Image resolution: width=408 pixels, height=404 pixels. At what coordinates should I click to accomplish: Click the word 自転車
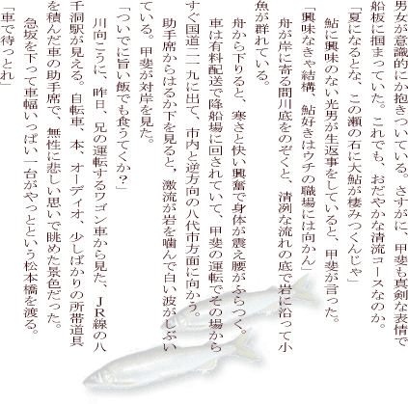tap(76, 111)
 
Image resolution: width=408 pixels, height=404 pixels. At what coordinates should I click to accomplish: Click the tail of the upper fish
tap(306, 288)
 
